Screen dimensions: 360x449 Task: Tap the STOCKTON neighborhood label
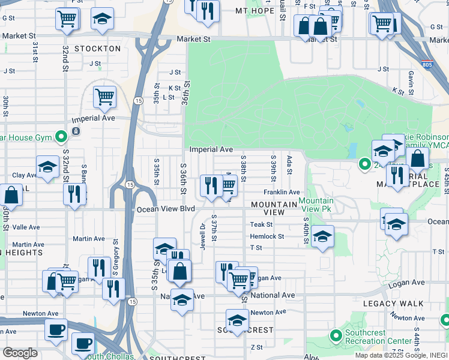98,48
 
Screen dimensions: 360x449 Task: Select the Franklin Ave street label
281,192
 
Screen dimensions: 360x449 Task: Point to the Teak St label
261,224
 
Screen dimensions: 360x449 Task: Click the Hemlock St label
267,236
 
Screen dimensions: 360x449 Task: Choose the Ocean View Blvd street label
166,209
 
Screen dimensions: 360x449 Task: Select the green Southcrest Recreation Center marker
336,335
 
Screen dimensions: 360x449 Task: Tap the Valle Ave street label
26,227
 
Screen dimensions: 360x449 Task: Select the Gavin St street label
411,80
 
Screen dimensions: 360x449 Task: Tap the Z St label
257,347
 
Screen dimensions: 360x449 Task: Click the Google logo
20,353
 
